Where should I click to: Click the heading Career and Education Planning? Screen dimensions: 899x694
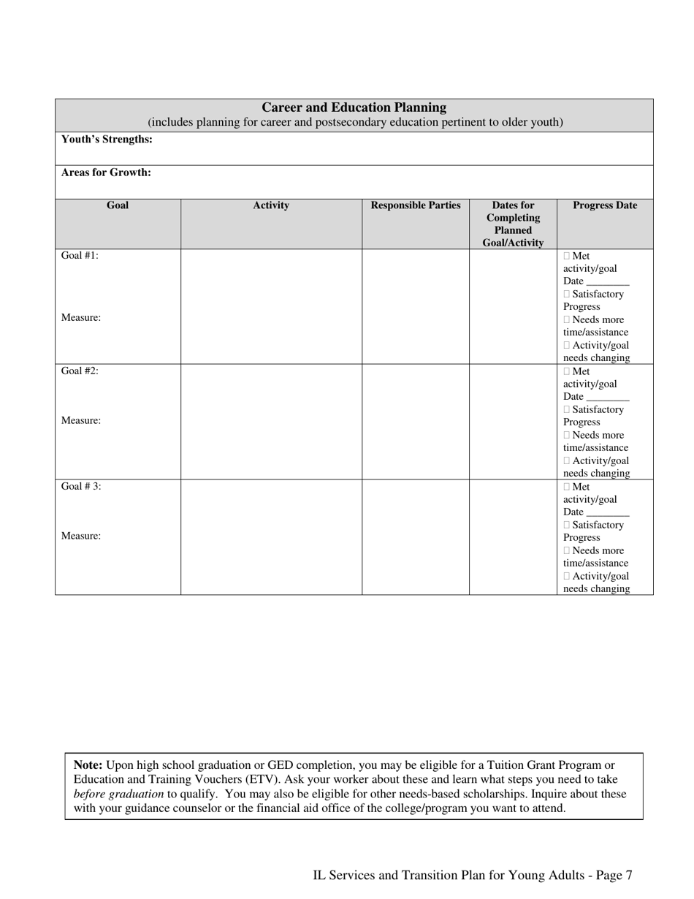click(354, 107)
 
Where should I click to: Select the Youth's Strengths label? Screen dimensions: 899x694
click(107, 140)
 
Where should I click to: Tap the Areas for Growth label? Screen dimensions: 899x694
click(106, 173)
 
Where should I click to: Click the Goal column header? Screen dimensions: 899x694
click(118, 205)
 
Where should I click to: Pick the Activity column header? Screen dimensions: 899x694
click(271, 206)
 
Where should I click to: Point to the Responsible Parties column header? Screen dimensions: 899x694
click(416, 206)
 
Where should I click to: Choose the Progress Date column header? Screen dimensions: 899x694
click(605, 206)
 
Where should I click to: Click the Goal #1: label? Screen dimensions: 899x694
click(80, 256)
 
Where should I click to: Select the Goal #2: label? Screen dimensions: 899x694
click(80, 371)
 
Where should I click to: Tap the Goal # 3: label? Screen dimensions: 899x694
click(81, 486)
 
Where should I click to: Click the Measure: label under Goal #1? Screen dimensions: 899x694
click(81, 318)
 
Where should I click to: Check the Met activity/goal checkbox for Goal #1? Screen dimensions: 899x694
click(567, 257)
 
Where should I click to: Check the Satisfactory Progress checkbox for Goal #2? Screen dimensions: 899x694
click(567, 410)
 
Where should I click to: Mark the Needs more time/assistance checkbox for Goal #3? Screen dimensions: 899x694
click(567, 551)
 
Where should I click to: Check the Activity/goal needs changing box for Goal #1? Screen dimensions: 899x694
click(567, 346)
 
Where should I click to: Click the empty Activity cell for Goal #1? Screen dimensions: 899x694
click(271, 306)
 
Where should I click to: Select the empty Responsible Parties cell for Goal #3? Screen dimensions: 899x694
click(416, 537)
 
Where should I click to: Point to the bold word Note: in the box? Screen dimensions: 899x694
click(88, 765)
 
